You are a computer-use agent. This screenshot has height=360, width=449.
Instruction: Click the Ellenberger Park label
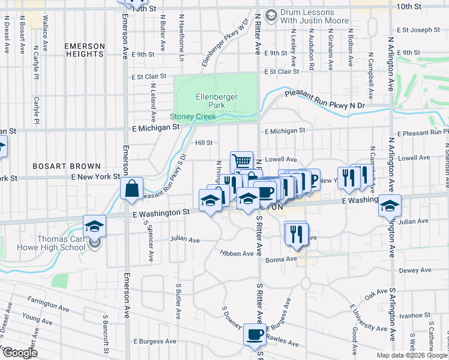click(x=217, y=101)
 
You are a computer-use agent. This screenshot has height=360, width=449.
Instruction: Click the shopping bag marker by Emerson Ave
click(x=131, y=188)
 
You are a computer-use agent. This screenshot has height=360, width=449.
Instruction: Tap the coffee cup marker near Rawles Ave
click(x=255, y=334)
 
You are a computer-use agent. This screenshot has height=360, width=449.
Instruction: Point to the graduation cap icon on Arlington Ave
click(x=390, y=206)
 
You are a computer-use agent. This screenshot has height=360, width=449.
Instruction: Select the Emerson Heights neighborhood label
click(x=84, y=50)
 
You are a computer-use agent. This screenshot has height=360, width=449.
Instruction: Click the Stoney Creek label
click(x=193, y=116)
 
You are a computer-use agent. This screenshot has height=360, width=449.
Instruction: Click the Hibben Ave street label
click(x=237, y=254)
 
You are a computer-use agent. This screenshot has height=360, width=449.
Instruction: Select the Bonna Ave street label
click(x=282, y=259)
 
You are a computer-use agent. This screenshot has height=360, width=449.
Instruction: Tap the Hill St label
click(x=204, y=143)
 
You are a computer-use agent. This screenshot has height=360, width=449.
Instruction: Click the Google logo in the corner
click(x=19, y=352)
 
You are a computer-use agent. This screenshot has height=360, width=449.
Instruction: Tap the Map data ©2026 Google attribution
click(x=412, y=355)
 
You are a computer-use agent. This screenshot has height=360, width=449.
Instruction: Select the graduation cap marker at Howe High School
click(x=94, y=227)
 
